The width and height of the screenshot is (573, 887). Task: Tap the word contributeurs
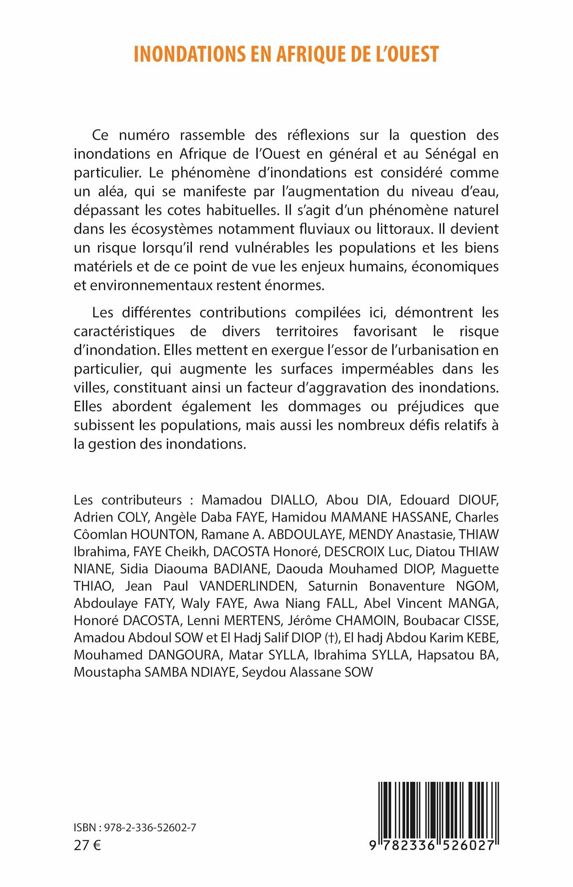coord(142,500)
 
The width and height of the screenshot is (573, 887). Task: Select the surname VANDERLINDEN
coord(248,586)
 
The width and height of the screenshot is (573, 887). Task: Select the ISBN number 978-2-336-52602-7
coord(150,828)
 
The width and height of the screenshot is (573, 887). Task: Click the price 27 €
coord(87,845)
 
